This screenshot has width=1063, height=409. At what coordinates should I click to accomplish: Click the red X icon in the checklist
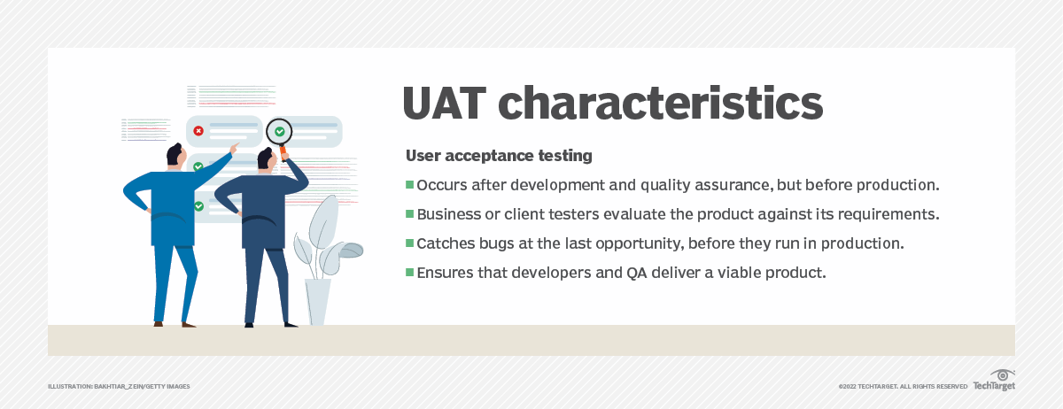tap(198, 131)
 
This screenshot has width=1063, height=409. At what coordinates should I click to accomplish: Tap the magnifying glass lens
tap(279, 132)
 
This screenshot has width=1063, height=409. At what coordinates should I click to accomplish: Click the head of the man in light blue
tap(177, 155)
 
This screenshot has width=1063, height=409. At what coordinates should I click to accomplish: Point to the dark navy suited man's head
tap(264, 159)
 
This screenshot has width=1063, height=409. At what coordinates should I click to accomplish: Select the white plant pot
tap(317, 301)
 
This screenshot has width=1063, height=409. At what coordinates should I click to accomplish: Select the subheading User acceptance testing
tap(499, 156)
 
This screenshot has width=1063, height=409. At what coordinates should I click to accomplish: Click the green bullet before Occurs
tap(410, 185)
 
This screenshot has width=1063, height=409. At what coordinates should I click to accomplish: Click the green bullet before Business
tap(410, 214)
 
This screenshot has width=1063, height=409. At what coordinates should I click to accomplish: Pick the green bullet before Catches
tap(410, 243)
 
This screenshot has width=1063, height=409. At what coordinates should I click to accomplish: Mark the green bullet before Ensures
tap(410, 273)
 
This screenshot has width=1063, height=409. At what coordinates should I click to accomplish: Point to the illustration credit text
tap(119, 386)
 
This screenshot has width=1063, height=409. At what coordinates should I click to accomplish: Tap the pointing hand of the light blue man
tap(234, 146)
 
